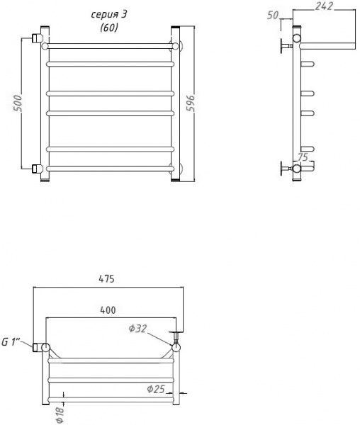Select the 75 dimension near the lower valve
[303, 158]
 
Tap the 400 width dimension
[108, 310]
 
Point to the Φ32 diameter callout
[137, 328]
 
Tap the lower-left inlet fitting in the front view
[38, 169]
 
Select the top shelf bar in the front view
[110, 46]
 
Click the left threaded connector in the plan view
[37, 347]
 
